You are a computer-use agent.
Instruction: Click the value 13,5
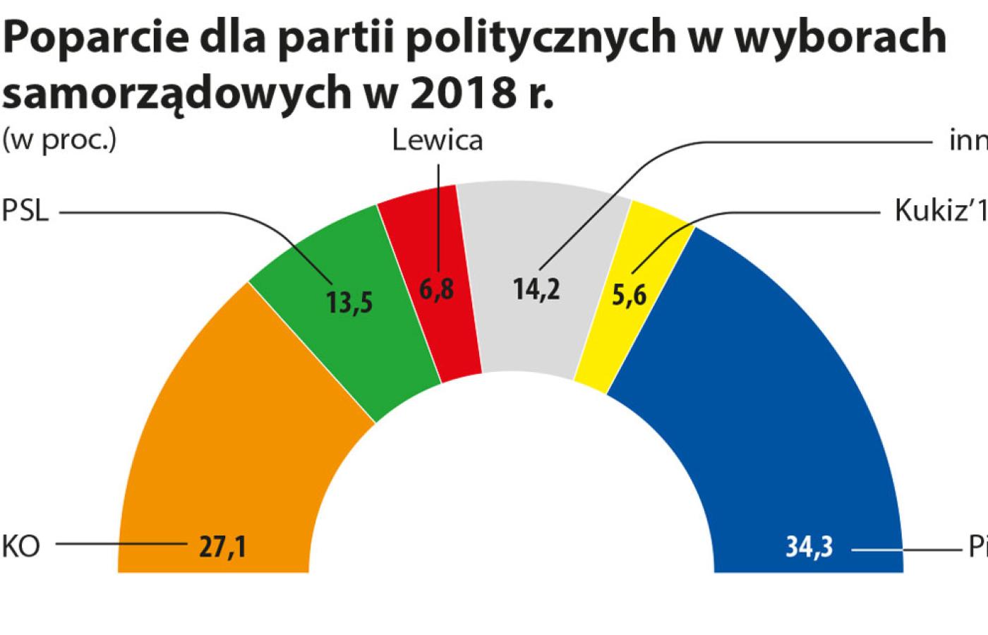(349, 303)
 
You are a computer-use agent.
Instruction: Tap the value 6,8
(437, 290)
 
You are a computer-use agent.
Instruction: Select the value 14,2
(537, 289)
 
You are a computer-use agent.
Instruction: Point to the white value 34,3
(809, 548)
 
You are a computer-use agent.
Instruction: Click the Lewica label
(438, 140)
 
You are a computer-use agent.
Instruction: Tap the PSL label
(25, 211)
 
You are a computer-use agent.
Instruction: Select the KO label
(21, 548)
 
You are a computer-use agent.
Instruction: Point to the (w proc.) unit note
(59, 140)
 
